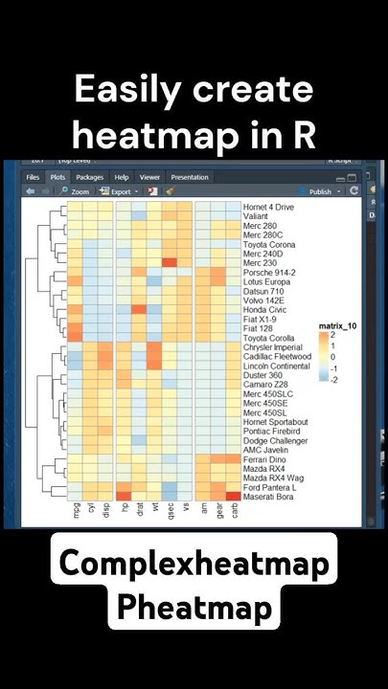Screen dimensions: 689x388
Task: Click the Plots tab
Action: (x=57, y=177)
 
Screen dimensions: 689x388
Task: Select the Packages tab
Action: (x=89, y=177)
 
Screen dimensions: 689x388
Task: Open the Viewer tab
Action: (x=149, y=177)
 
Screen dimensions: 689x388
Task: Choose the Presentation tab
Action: (x=189, y=177)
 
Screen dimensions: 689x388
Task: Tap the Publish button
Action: (x=319, y=191)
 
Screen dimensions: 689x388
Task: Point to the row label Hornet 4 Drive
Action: (x=268, y=207)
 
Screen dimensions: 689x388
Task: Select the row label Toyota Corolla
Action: (x=268, y=338)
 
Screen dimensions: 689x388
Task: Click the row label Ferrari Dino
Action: (x=264, y=459)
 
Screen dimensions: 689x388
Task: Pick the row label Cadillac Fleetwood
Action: (x=275, y=356)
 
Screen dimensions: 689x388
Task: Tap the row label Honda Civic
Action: (x=263, y=310)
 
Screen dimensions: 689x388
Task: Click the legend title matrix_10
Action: (x=336, y=326)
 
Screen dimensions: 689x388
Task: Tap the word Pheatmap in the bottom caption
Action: (x=194, y=608)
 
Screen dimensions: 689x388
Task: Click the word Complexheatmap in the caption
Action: (x=194, y=565)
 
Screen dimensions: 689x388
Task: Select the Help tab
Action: (x=122, y=177)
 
